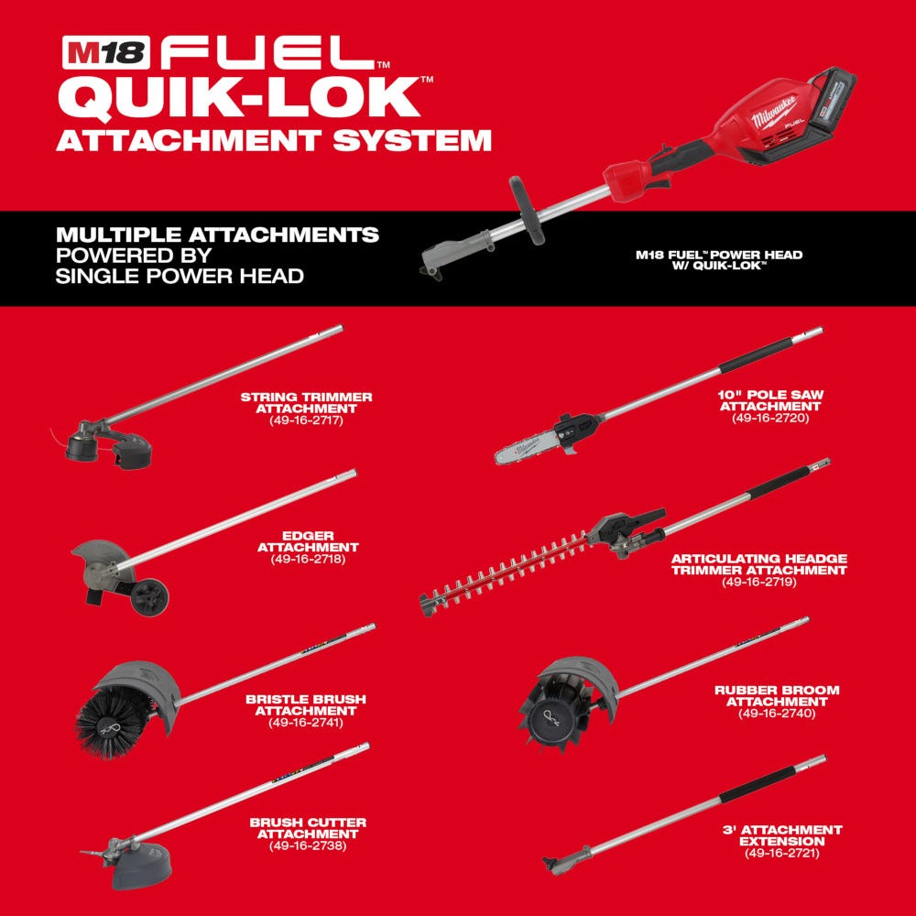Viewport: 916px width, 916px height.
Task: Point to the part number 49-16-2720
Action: [x=770, y=418]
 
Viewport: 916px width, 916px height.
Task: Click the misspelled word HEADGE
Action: [x=818, y=558]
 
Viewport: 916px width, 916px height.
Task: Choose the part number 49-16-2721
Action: [x=781, y=853]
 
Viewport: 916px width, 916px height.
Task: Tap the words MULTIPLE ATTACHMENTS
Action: [x=217, y=235]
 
